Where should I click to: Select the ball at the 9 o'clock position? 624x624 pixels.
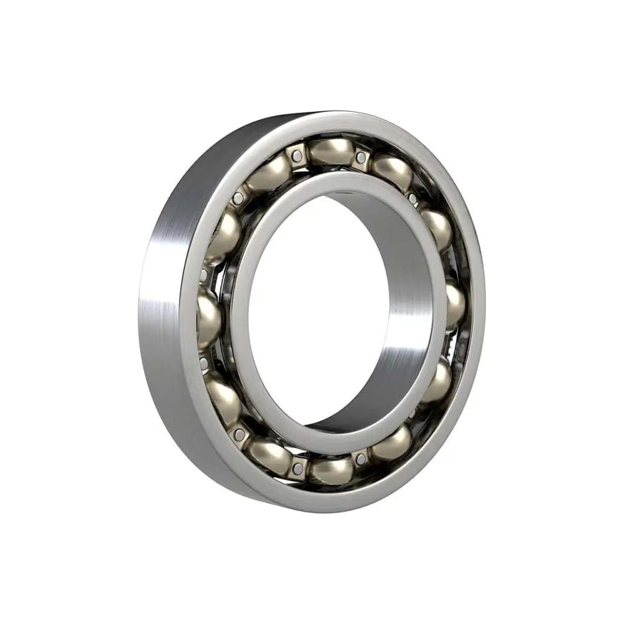click(209, 316)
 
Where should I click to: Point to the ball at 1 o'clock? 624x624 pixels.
click(392, 172)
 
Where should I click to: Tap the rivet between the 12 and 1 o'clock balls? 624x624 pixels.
click(361, 157)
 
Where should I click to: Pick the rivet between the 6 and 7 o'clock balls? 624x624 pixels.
click(300, 465)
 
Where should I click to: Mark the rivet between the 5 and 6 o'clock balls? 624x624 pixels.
click(360, 461)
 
